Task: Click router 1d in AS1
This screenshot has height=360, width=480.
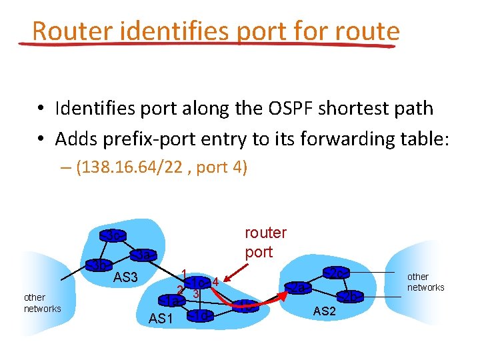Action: (x=201, y=315)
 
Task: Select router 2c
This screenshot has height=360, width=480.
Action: (x=337, y=273)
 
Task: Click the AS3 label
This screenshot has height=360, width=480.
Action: (x=125, y=277)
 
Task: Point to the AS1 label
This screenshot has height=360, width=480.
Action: (x=160, y=319)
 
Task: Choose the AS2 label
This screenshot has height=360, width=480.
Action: (x=325, y=311)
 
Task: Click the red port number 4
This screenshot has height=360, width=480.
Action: (x=215, y=281)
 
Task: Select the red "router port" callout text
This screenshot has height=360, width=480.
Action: (x=265, y=243)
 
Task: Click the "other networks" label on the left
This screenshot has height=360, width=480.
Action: (x=42, y=303)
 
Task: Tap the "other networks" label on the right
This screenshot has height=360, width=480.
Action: (x=425, y=282)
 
